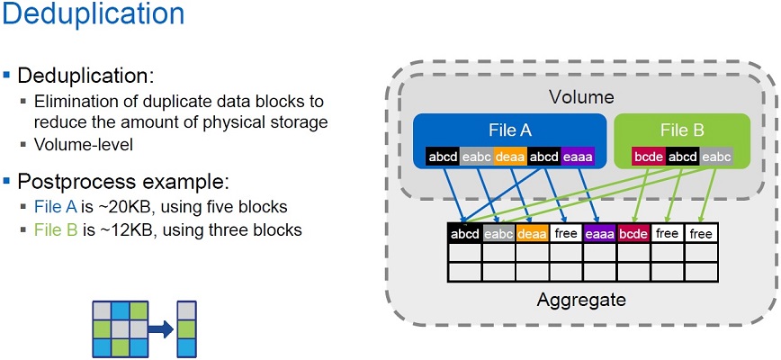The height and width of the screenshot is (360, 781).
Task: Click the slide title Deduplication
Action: (x=93, y=15)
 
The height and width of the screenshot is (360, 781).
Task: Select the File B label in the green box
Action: (x=681, y=130)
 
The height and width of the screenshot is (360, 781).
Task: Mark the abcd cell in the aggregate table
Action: (x=464, y=234)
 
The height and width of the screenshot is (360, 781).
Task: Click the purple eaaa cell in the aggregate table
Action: (x=600, y=234)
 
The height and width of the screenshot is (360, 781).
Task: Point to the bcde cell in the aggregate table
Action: (x=633, y=234)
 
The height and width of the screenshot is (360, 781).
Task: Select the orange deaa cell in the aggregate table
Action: (x=533, y=234)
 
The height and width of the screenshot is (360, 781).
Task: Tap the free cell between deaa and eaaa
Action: (x=566, y=234)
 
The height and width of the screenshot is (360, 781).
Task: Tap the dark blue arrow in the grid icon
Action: (x=160, y=330)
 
